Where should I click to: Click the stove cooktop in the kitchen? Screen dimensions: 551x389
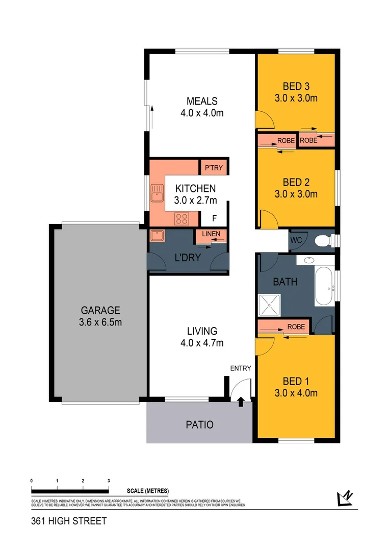[x=182, y=219]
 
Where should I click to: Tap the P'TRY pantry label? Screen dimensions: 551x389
[x=213, y=167]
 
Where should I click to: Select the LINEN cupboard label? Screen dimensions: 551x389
[x=211, y=234]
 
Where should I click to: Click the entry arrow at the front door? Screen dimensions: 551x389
[x=240, y=402]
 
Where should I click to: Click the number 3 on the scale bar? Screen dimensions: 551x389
[x=109, y=481]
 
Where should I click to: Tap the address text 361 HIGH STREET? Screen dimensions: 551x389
[x=69, y=521]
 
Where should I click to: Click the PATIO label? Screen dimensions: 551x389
[x=199, y=424]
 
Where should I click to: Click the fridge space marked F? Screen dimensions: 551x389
[x=214, y=219]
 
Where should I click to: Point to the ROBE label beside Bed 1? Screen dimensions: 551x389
[x=296, y=327]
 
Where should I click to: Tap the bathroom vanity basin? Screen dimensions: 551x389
[x=308, y=260]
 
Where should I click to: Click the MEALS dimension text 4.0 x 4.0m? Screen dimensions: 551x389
[x=202, y=113]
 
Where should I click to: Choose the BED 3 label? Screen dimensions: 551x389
[x=296, y=86]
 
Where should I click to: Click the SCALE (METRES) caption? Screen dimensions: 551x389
[x=147, y=491]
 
